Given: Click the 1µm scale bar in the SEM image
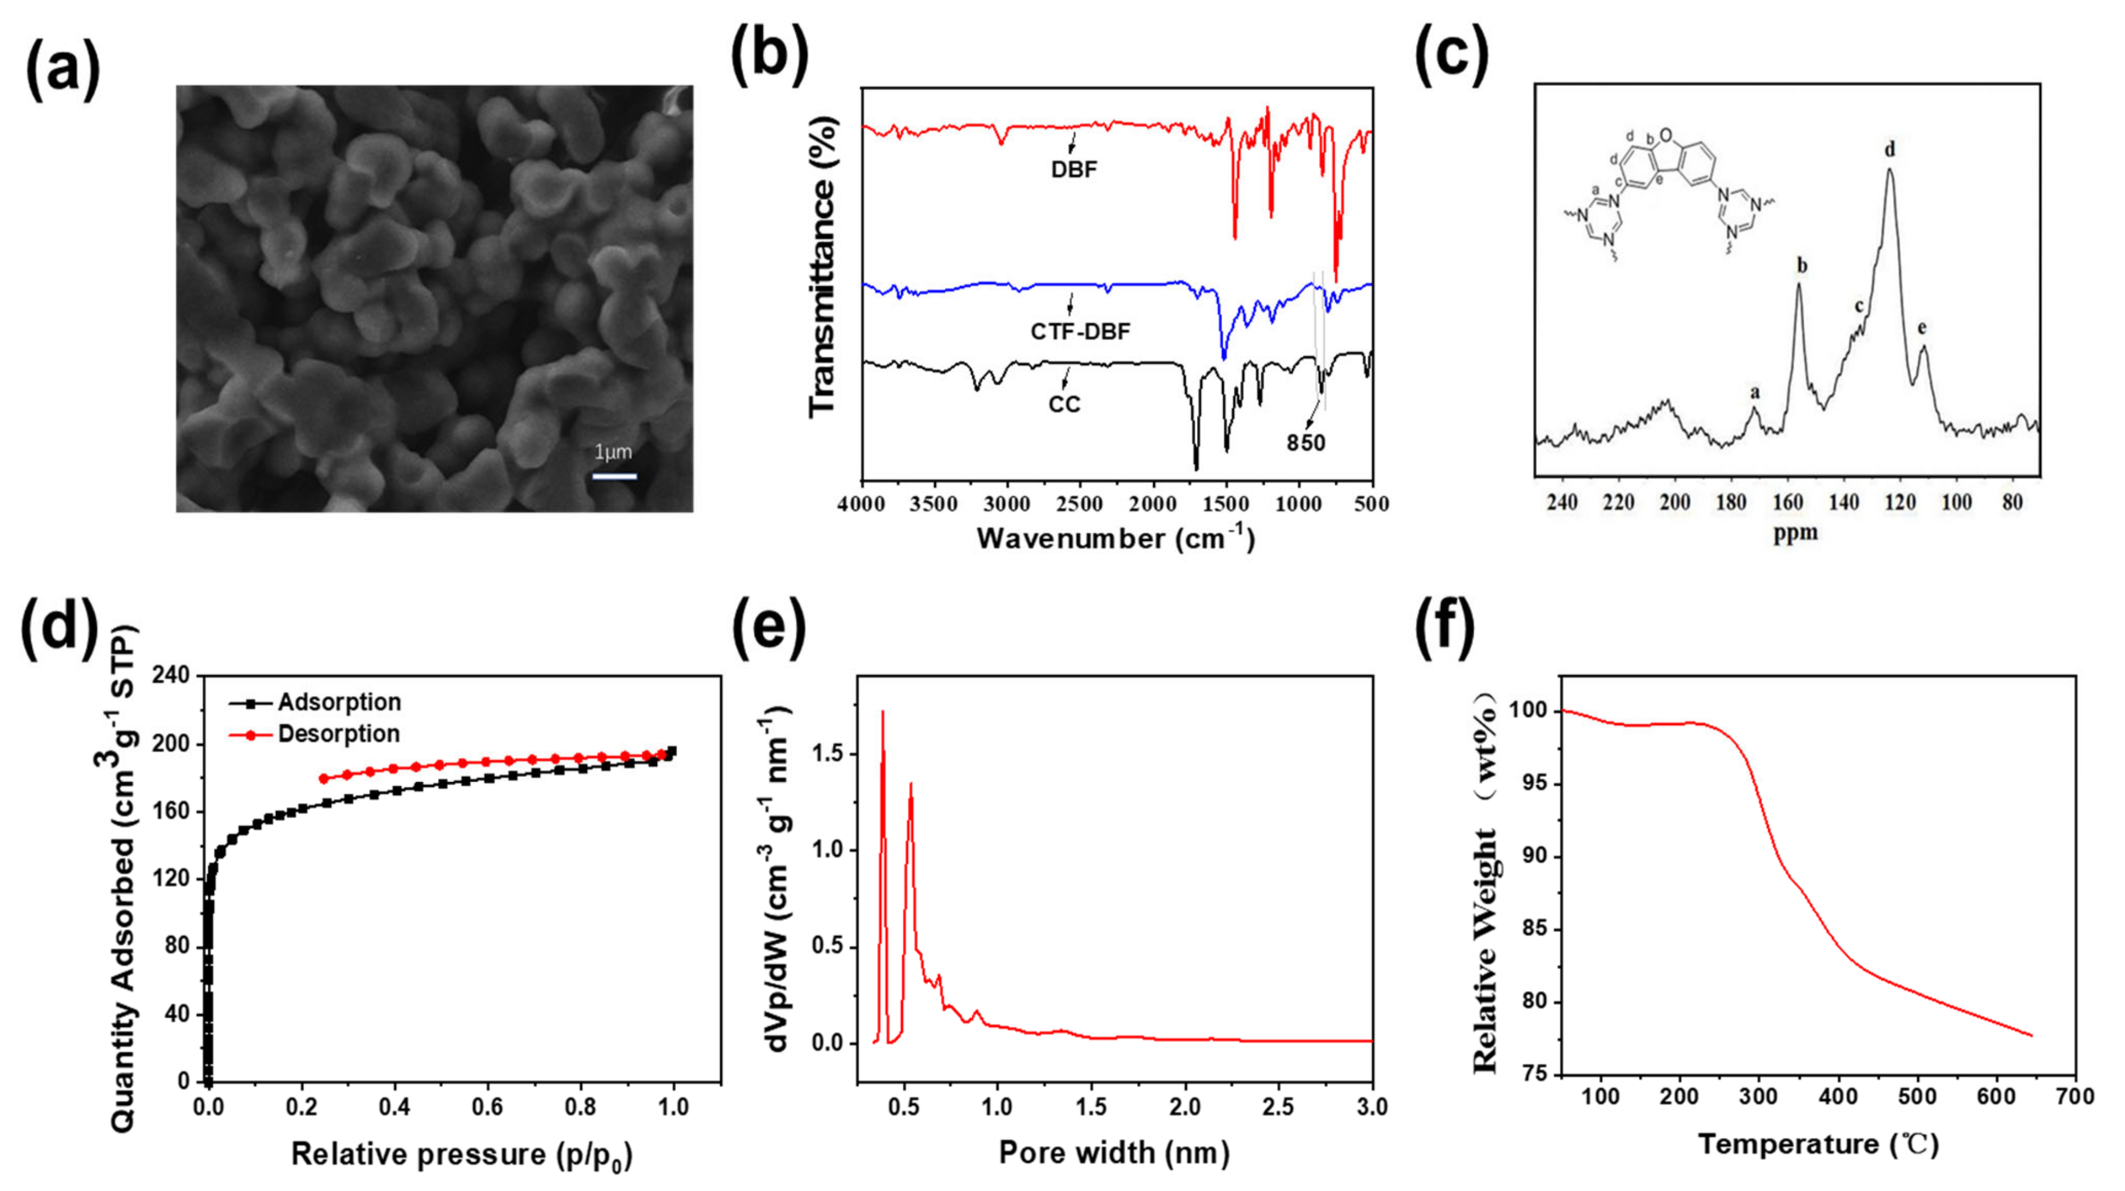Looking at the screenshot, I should (614, 476).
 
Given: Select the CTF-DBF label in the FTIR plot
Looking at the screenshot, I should (1080, 332).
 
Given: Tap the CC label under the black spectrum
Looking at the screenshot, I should (1064, 405).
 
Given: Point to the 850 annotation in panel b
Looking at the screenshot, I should (1306, 444).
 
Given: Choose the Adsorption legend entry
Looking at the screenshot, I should (339, 702).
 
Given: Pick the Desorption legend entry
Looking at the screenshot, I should (338, 733).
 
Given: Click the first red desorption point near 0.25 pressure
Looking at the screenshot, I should (324, 779).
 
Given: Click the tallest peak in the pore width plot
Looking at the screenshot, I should (883, 712).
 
